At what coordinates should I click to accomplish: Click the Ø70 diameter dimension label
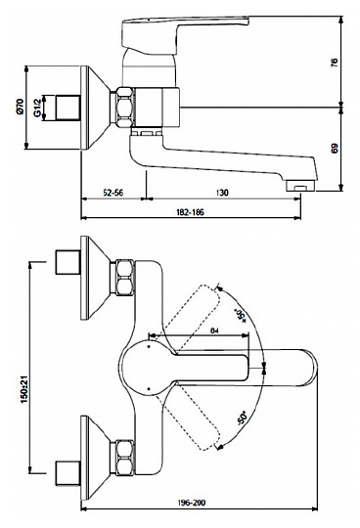click(21, 107)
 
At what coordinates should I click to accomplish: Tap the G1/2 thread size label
click(37, 107)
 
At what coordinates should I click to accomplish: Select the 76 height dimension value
click(334, 63)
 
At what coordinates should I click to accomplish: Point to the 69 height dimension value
click(334, 149)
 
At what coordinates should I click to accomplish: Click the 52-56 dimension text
click(113, 193)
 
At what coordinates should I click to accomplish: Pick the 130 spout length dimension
click(222, 193)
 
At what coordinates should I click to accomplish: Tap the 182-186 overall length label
click(190, 212)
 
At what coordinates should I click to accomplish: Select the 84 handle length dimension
click(214, 330)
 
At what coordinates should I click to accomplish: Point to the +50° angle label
click(242, 315)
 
